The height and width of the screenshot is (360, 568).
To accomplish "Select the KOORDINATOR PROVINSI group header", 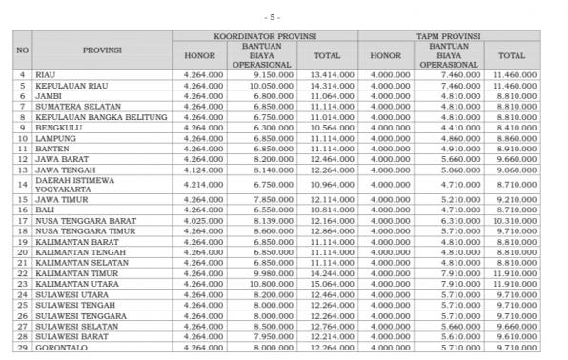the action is click(265, 36).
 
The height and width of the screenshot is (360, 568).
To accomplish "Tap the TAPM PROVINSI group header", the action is click(449, 36).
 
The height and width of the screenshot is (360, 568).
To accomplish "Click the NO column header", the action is click(22, 50).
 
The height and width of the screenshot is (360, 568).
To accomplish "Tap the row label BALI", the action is click(45, 209).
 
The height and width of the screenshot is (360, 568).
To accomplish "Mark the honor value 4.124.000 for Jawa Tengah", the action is click(198, 169).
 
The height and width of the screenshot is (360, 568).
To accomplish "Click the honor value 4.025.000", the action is click(198, 219).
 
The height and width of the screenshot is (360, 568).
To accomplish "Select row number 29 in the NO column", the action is click(22, 347).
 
